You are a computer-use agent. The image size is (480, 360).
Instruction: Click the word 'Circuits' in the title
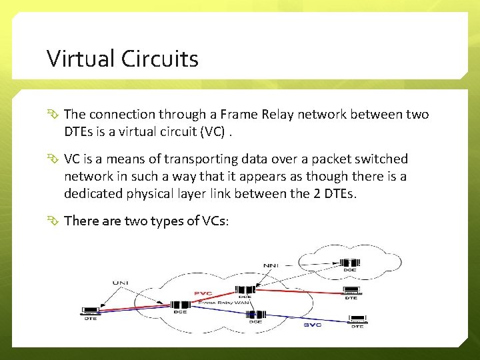tap(160, 59)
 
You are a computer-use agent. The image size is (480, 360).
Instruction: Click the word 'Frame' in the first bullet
tap(243, 115)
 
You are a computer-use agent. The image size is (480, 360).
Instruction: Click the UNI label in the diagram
tap(119, 283)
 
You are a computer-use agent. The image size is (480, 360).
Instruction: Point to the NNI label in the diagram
tap(271, 265)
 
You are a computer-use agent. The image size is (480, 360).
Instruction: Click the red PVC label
tap(203, 293)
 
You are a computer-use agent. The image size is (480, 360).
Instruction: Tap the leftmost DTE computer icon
tap(89, 310)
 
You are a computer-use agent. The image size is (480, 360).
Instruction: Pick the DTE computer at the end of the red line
tap(351, 291)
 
